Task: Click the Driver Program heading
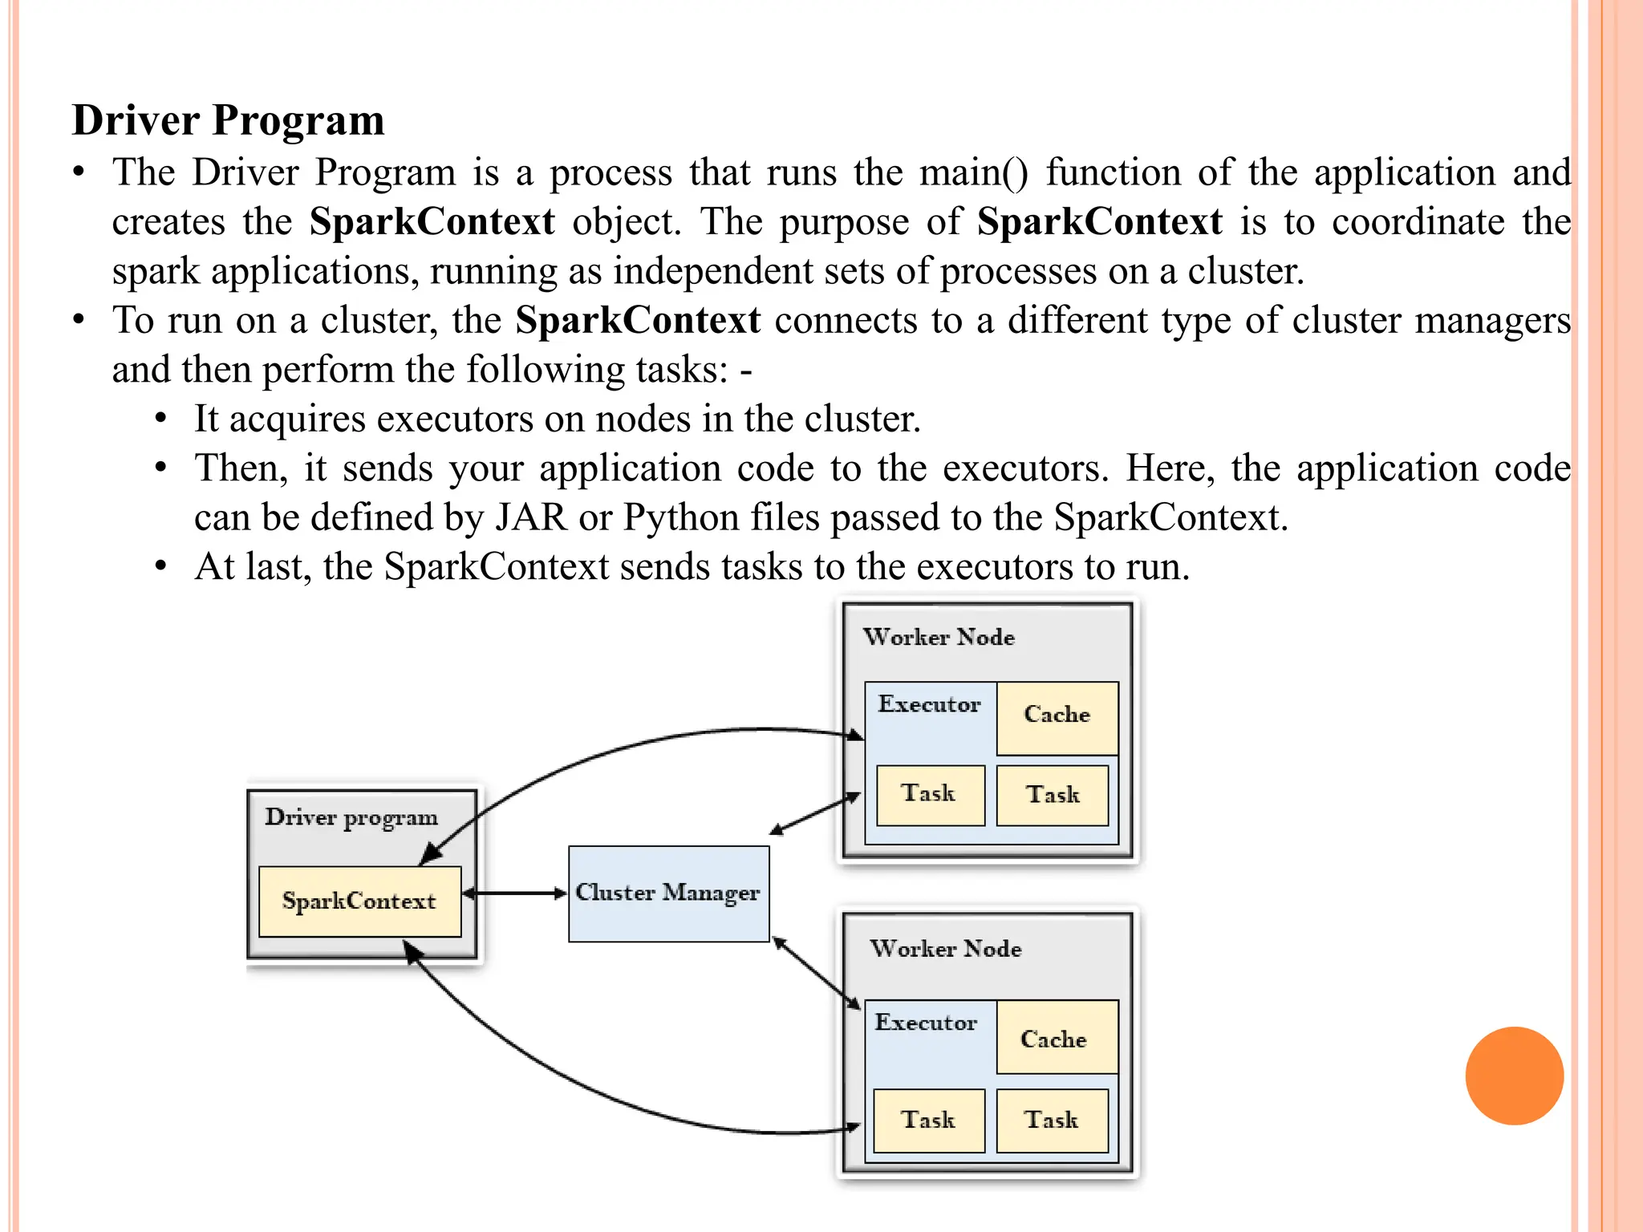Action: [x=228, y=120]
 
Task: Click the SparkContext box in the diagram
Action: [x=359, y=901]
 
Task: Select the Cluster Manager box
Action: [x=668, y=894]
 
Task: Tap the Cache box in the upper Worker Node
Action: [x=1057, y=716]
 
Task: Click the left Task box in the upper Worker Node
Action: [x=929, y=795]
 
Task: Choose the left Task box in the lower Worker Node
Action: [x=928, y=1120]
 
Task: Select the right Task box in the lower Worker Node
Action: [x=1052, y=1120]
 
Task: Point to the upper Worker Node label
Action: [x=939, y=638]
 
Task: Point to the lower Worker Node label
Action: [x=946, y=949]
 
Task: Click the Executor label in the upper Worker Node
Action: [x=929, y=704]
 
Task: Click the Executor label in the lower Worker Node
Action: [x=926, y=1023]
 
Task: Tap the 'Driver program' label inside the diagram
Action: [x=351, y=817]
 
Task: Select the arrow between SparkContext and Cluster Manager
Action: [x=515, y=893]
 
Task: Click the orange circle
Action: [x=1514, y=1076]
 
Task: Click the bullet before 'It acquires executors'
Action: [x=161, y=419]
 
